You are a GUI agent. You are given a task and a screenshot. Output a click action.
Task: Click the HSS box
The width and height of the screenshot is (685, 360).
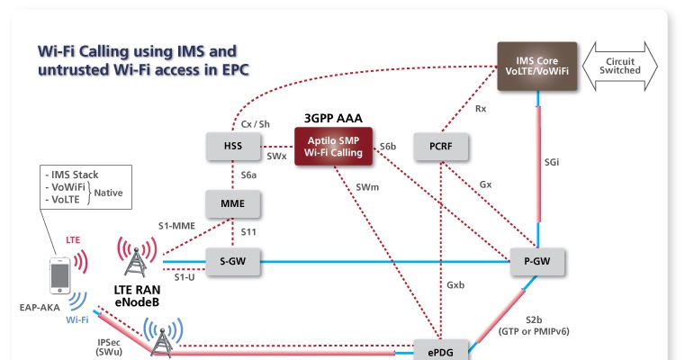coord(233,146)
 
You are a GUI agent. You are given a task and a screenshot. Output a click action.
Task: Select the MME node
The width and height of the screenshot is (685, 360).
coord(233,203)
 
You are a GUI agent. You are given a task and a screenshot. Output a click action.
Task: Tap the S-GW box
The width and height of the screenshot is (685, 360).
coord(233,262)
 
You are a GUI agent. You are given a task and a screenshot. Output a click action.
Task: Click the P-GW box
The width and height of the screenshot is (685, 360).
coord(537,262)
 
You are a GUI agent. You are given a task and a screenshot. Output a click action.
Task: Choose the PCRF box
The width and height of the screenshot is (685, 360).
coord(441,147)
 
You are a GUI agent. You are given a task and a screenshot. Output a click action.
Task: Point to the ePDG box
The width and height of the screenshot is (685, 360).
coord(441,350)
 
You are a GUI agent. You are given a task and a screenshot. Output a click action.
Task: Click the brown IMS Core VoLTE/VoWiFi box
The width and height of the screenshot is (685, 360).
coord(536,66)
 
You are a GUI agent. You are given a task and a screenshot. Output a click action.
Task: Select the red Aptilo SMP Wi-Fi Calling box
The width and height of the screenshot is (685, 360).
coord(333,147)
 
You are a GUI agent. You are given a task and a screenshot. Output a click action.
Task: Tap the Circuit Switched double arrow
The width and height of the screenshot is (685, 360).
coord(620,66)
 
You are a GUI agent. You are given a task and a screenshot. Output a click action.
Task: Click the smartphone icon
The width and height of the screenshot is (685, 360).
coord(59,275)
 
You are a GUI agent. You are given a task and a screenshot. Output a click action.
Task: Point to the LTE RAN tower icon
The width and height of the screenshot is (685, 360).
coord(136,257)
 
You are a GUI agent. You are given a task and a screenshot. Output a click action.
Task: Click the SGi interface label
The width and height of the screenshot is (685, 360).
coord(552,162)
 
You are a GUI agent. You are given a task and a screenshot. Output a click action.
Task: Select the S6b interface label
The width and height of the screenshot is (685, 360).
coord(387,147)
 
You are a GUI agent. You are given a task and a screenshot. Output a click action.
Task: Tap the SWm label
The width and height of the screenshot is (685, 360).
coord(367,187)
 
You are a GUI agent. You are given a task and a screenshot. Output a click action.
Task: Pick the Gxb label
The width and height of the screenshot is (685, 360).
coord(455,285)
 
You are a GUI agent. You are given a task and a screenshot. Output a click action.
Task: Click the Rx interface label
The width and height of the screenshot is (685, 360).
coord(481,109)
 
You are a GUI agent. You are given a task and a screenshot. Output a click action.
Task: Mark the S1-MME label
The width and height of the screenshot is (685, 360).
coord(176,226)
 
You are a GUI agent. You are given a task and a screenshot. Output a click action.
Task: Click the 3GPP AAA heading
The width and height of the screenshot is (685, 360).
coord(333,119)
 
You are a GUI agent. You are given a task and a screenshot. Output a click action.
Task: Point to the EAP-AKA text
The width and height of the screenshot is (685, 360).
coord(40,308)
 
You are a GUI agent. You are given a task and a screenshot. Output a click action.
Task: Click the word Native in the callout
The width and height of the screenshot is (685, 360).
coord(108,193)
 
